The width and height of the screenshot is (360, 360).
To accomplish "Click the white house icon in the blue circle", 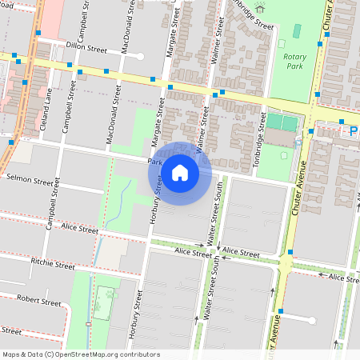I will coord(180,172).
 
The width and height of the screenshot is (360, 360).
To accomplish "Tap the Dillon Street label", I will coord(86,47).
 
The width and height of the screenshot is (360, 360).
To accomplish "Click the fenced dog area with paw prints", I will coord(102,308).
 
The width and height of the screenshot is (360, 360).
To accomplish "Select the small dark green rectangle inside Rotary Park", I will coord(298,30).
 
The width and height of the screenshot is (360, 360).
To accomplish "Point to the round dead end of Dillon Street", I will coord(141,56).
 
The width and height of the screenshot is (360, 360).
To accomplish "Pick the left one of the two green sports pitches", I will coord(274,122).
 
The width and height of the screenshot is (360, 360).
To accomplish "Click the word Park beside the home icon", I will coord(154,162).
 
